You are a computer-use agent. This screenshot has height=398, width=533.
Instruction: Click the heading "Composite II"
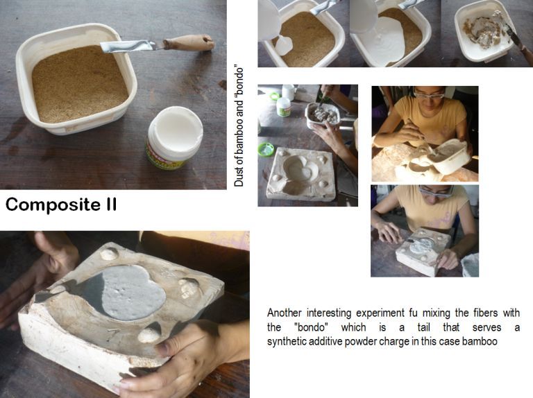[61, 205]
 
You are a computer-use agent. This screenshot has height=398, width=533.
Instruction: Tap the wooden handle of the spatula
[189, 43]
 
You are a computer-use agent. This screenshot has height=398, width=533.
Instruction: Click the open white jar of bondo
[174, 137]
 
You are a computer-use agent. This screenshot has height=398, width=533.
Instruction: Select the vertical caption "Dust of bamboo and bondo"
[239, 127]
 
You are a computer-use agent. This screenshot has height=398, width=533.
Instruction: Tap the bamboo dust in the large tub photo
[80, 84]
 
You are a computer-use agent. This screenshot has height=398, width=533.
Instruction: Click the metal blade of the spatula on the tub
[128, 46]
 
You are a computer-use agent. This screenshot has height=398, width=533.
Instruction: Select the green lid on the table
[266, 149]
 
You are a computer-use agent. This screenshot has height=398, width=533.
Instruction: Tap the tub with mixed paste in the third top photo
[483, 32]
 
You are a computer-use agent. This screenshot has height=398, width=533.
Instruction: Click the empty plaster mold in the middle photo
[301, 174]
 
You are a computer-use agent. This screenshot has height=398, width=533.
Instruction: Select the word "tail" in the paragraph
[423, 327]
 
